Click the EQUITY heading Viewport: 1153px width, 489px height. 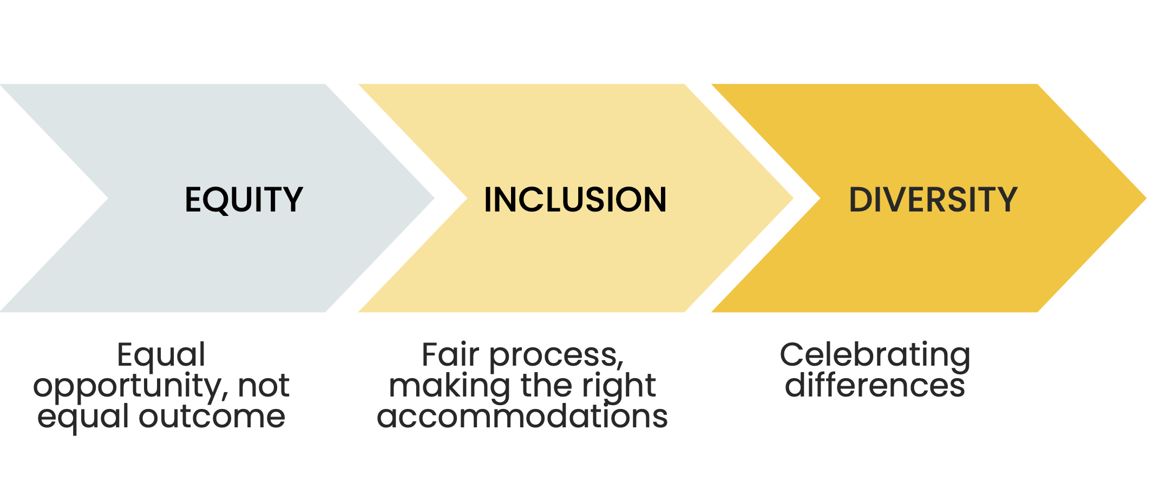(x=244, y=200)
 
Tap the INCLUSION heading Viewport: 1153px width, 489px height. (x=575, y=200)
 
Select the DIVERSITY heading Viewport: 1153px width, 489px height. (x=933, y=200)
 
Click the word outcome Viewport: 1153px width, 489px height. (x=212, y=417)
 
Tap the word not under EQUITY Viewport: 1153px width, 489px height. (x=264, y=386)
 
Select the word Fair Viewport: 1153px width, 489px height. (x=450, y=355)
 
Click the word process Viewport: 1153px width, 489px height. (x=556, y=358)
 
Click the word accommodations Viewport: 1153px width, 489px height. (x=522, y=417)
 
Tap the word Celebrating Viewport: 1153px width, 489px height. (x=875, y=356)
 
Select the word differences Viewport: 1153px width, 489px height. (x=875, y=386)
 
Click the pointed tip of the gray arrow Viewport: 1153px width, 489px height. (x=434, y=198)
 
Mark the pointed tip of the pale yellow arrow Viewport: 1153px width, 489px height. (x=793, y=198)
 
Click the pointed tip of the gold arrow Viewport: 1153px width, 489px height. (x=1146, y=198)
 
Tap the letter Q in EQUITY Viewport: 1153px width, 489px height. (x=218, y=201)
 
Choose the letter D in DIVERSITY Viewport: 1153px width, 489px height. (x=861, y=200)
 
